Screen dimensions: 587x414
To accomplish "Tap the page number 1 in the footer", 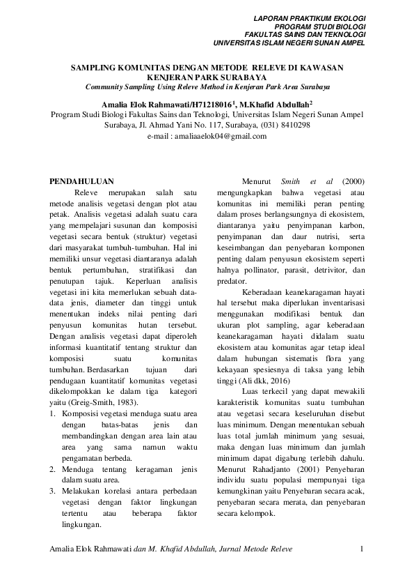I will [x=363, y=549].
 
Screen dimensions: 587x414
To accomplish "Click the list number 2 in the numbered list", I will [x=54, y=469].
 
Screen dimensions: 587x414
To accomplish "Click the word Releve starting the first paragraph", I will [x=86, y=192].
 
